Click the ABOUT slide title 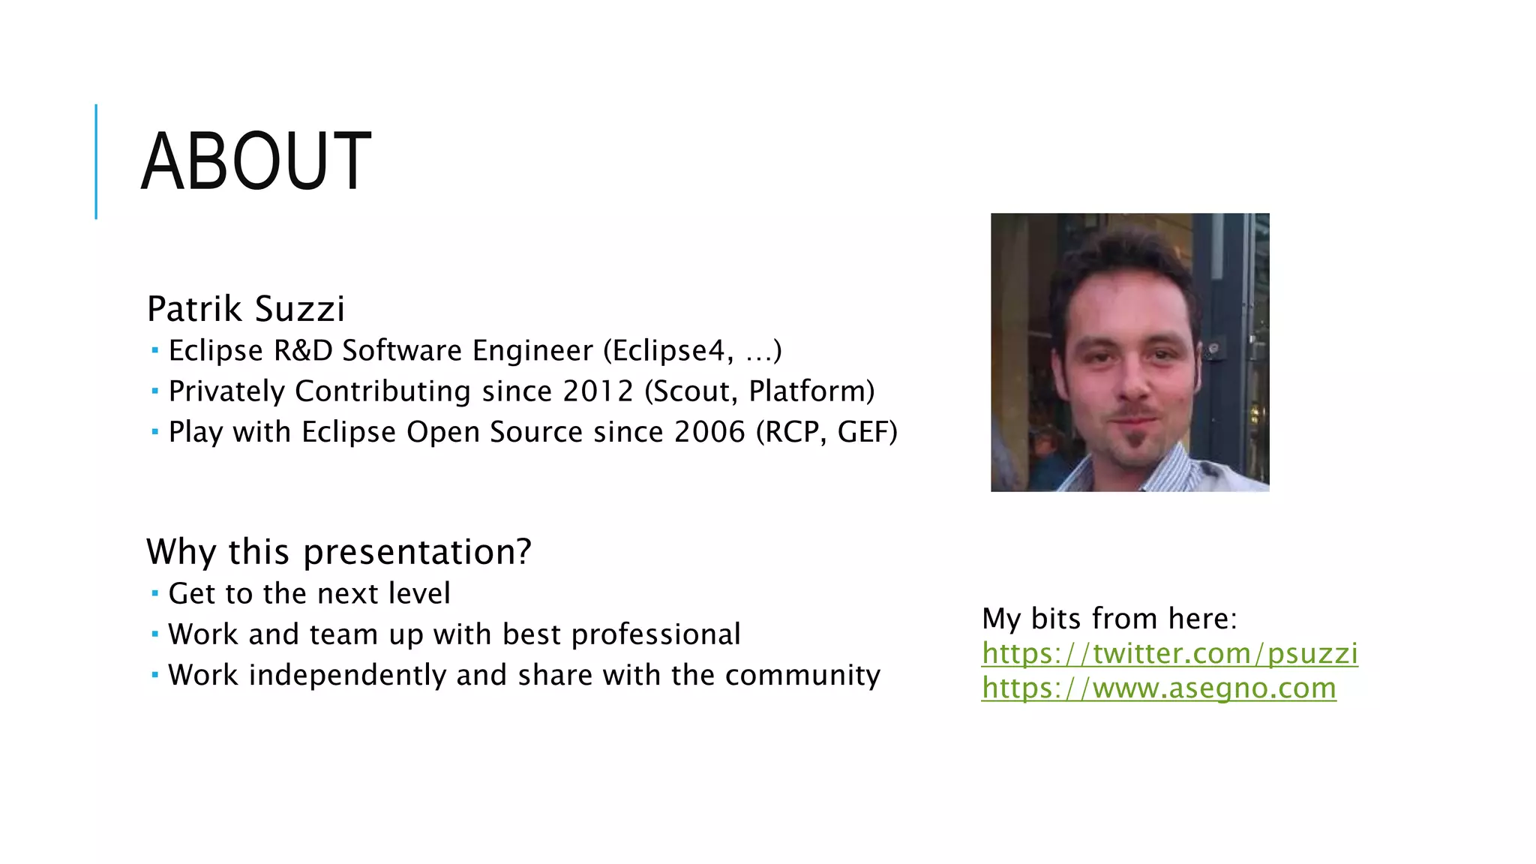(x=256, y=161)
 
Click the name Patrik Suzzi (x=246, y=309)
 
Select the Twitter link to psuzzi (x=1169, y=653)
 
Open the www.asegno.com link (x=1159, y=688)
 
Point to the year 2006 (x=709, y=432)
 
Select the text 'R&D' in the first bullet (x=303, y=351)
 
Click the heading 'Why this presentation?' (x=339, y=552)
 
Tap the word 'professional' (x=655, y=634)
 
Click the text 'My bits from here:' (x=1109, y=619)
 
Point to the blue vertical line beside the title (x=96, y=161)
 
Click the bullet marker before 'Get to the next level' (x=154, y=594)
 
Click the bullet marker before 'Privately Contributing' (x=154, y=391)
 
